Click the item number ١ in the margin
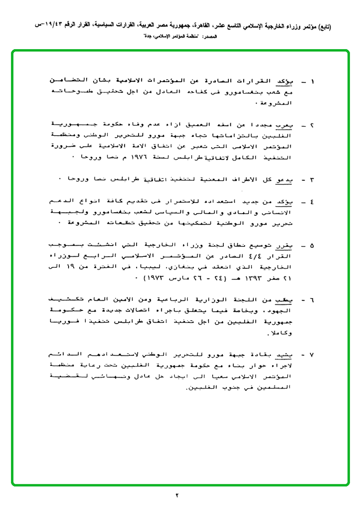point(312,82)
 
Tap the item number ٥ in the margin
point(312,246)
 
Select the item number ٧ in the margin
point(312,356)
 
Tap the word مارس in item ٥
point(181,279)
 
